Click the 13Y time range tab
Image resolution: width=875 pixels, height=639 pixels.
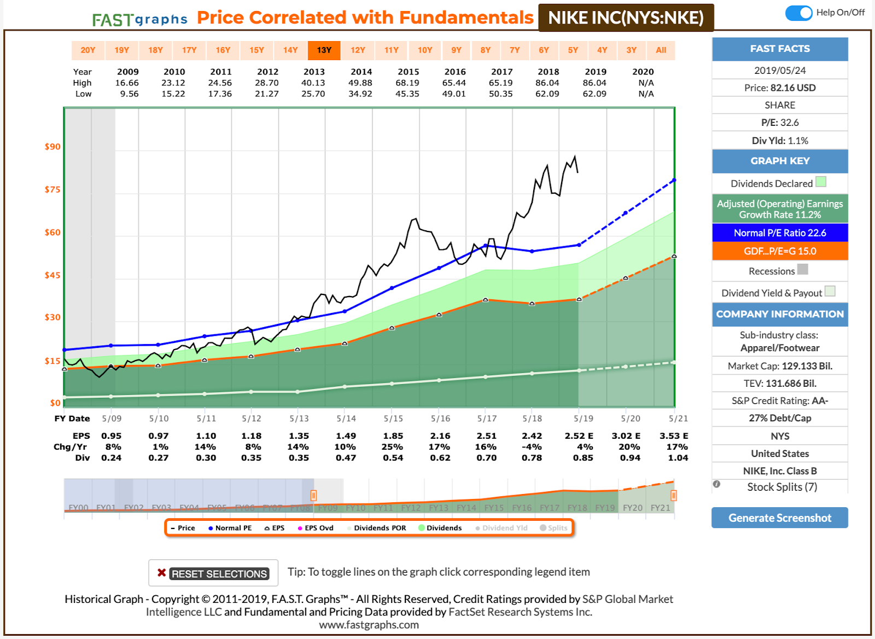pyautogui.click(x=324, y=50)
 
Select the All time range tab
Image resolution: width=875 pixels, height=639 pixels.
pyautogui.click(x=661, y=50)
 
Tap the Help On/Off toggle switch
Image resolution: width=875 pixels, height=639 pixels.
pyautogui.click(x=798, y=13)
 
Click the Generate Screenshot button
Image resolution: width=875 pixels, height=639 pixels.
pyautogui.click(x=779, y=518)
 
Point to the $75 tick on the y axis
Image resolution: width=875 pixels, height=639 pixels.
pyautogui.click(x=52, y=189)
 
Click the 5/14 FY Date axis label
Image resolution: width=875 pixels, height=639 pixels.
pyautogui.click(x=346, y=419)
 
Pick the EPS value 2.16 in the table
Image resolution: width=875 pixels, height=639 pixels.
pyautogui.click(x=440, y=436)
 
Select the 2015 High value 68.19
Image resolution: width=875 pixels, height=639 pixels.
pyautogui.click(x=408, y=83)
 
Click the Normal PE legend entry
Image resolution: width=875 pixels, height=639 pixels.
pyautogui.click(x=230, y=528)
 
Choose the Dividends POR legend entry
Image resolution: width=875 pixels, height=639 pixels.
pyautogui.click(x=376, y=528)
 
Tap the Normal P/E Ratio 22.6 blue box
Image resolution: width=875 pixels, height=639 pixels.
pyautogui.click(x=780, y=233)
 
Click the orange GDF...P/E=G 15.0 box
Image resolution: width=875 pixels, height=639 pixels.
pyautogui.click(x=780, y=251)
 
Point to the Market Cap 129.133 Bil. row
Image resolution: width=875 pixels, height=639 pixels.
pyautogui.click(x=780, y=366)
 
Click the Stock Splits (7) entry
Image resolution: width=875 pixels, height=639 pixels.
pyautogui.click(x=781, y=487)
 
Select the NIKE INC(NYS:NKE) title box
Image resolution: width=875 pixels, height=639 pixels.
pyautogui.click(x=626, y=18)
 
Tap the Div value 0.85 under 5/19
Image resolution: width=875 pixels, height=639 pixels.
pyautogui.click(x=583, y=458)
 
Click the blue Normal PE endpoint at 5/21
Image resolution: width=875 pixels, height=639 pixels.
pyautogui.click(x=674, y=180)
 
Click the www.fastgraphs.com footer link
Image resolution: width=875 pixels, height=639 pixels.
pyautogui.click(x=369, y=625)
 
